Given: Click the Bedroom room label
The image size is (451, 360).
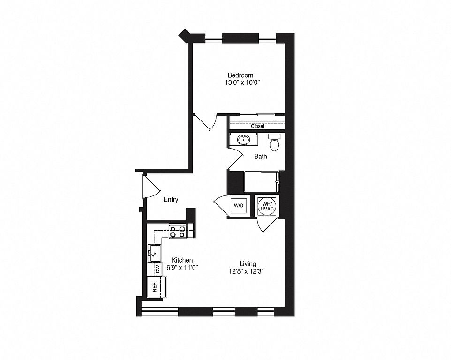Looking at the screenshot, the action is [x=241, y=75].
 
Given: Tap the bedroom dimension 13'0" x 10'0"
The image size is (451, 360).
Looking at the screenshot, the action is [x=241, y=83].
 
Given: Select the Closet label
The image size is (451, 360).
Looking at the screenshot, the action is [x=258, y=126].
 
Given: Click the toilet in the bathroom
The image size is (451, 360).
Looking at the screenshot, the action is [x=274, y=142].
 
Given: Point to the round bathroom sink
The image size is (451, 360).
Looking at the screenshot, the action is [x=244, y=140].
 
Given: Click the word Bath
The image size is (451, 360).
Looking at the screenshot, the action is [x=260, y=157].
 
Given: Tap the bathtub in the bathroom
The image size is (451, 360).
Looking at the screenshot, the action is [x=262, y=181].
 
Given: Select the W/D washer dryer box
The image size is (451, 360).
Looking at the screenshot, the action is [x=239, y=206].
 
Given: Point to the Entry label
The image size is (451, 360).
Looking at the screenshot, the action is [x=171, y=199].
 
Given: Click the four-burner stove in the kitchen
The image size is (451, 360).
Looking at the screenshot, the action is [x=178, y=232].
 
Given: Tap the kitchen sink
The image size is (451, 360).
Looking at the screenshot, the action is [x=154, y=253].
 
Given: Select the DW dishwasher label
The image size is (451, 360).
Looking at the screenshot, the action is [x=158, y=269].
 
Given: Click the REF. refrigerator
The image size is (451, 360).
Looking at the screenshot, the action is [x=157, y=287].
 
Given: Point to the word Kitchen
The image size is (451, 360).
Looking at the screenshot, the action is [x=182, y=260].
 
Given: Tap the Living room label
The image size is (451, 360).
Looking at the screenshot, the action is [x=248, y=264].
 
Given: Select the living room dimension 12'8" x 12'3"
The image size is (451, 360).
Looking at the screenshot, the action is [x=248, y=271].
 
